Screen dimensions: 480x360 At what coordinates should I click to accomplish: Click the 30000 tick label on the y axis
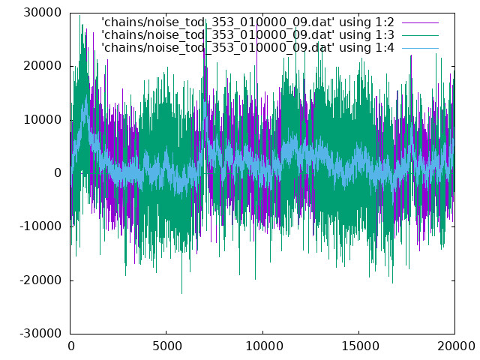coord(43,13)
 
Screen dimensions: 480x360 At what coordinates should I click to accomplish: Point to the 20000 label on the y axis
coord(43,66)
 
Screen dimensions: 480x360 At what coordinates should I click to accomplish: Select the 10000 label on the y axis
coord(43,120)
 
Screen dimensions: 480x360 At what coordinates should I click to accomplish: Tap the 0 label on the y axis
coord(58,173)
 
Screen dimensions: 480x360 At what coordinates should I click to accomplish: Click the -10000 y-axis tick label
coord(40,226)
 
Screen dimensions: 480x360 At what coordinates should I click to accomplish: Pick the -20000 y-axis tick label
coord(40,280)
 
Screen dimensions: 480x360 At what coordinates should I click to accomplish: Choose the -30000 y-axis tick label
coord(40,334)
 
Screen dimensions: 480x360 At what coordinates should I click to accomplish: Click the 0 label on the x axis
coord(71,346)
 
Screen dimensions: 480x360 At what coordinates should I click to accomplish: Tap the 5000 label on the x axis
coord(166,346)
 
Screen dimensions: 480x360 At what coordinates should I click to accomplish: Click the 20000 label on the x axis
coord(456,346)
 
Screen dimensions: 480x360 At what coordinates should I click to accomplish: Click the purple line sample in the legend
coord(420,22)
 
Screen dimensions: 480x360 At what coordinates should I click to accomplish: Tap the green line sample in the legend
coord(420,35)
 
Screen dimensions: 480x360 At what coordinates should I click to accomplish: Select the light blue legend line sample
coord(420,48)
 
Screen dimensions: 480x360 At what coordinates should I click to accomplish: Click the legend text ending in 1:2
coord(247,22)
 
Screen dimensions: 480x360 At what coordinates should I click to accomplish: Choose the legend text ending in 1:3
coord(247,35)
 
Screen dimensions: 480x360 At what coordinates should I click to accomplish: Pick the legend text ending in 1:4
coord(247,48)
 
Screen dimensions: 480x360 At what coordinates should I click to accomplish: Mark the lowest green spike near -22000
coord(181,293)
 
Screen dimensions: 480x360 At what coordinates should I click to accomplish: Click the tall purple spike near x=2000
coord(108,59)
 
